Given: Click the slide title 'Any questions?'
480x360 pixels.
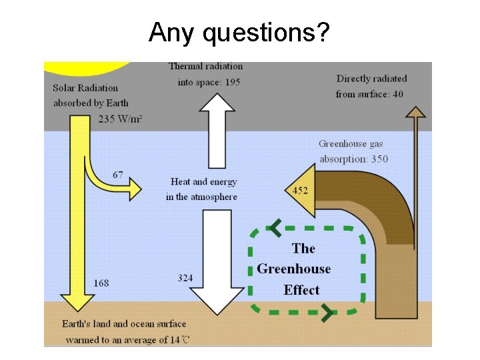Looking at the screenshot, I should point(239,31).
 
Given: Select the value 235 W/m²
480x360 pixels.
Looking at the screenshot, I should point(121,119).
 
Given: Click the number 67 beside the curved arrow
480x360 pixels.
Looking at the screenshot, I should point(117,175).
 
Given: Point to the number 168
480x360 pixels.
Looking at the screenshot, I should point(101,283).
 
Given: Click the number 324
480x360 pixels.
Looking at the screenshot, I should point(185,277).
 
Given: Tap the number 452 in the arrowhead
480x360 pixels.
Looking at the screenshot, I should point(300,191).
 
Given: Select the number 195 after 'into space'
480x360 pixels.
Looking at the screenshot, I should point(232,82).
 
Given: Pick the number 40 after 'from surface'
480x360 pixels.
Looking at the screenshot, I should point(397,94).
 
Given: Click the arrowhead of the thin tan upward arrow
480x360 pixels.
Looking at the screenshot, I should point(415,111).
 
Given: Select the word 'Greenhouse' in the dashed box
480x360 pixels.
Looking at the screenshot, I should point(293,269).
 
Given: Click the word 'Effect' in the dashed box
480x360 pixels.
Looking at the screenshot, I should point(301,290).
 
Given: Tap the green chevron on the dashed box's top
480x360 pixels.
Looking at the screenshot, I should point(274,229).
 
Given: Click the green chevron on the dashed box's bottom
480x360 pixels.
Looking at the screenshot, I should point(327,312).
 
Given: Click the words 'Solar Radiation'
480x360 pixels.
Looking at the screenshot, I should point(85,88).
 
